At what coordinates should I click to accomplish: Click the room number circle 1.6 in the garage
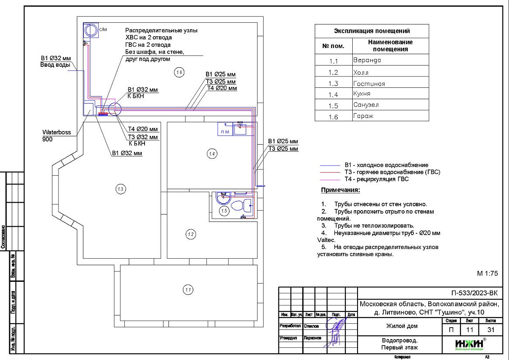click(179, 73)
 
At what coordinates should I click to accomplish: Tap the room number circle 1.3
click(120, 189)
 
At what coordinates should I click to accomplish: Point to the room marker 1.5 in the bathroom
click(224, 211)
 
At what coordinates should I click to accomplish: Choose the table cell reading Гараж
click(363, 116)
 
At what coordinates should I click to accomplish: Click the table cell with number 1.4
click(334, 94)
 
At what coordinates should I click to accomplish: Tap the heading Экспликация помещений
click(371, 31)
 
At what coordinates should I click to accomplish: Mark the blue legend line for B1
click(330, 166)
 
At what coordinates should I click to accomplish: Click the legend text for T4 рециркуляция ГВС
click(376, 179)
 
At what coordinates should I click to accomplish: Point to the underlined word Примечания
click(340, 190)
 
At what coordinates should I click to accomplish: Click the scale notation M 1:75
click(487, 273)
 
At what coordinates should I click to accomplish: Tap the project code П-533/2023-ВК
click(474, 293)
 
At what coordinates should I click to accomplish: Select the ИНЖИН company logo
click(470, 344)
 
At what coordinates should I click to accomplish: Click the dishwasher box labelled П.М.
click(225, 130)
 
